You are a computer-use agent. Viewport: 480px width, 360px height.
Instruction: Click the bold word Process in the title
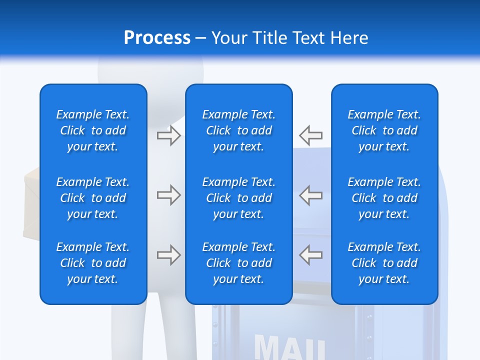(157, 38)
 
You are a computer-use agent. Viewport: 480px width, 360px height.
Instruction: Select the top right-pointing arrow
(168, 135)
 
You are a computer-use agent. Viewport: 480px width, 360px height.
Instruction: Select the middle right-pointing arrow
(168, 195)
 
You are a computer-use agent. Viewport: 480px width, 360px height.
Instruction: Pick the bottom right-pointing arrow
(168, 255)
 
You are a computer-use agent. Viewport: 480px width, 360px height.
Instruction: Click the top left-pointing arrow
(311, 135)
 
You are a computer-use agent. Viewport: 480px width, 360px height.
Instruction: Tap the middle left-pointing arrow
(311, 195)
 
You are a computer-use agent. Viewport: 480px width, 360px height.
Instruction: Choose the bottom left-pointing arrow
(311, 255)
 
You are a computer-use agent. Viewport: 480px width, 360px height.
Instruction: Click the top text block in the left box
(93, 130)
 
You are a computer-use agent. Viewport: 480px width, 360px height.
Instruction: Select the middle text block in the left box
(93, 198)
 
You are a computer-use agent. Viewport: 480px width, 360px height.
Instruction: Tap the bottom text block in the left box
(93, 263)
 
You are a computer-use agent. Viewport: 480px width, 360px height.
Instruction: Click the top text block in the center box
(239, 130)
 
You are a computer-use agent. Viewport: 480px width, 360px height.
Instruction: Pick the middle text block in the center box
(239, 198)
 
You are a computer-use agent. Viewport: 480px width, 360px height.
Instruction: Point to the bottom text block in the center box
(239, 263)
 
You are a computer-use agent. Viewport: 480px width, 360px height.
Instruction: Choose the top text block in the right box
(384, 130)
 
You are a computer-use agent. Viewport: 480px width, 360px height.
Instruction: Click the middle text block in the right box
(384, 198)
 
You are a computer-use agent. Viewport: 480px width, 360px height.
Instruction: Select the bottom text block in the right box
(384, 263)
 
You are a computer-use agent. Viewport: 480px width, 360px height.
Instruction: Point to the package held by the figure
(31, 205)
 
